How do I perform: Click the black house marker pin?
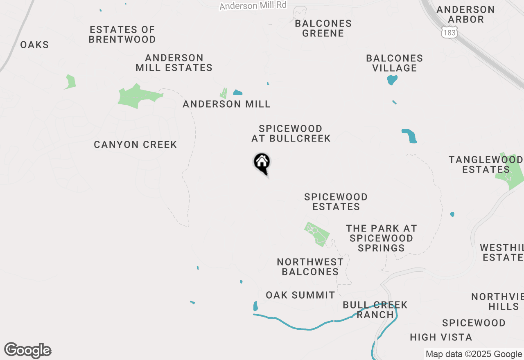[262, 163]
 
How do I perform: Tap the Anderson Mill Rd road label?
[253, 6]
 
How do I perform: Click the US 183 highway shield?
[449, 32]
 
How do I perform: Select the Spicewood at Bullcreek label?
[291, 134]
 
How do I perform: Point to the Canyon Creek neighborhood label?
[135, 144]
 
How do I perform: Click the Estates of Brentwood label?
[122, 35]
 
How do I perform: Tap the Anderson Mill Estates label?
[174, 63]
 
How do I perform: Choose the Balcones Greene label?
[323, 28]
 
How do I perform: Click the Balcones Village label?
[394, 63]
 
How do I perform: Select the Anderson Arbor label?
[466, 14]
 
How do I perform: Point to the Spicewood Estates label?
[336, 202]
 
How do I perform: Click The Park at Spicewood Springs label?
[381, 238]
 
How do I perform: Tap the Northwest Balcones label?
[310, 267]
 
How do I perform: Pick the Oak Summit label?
[300, 295]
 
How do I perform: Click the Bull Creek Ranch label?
[375, 310]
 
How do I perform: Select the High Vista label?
[441, 337]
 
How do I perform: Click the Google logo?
[28, 351]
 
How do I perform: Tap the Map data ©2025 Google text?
[474, 354]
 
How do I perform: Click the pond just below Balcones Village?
[392, 79]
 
